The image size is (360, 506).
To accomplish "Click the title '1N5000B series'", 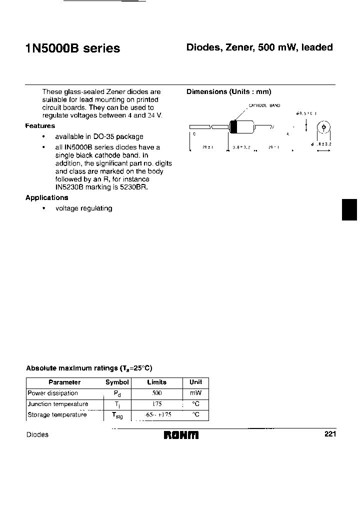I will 72,48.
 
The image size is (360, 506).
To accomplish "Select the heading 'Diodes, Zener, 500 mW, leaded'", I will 259,47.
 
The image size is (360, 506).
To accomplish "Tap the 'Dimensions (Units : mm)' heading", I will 228,92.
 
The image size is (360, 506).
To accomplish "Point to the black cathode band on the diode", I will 232,127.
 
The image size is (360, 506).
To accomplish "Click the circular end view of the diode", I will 323,128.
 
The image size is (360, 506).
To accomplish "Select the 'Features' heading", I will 40,126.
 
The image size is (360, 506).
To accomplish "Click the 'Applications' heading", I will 47,197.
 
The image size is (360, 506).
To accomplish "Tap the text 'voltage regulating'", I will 83,208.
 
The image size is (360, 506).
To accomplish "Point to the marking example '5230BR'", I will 133,187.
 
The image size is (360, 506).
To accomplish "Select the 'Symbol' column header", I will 117,382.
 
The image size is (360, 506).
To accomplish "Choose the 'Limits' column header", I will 157,382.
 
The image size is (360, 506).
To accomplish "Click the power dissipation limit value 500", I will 156,393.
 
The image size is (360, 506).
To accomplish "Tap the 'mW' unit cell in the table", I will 195,393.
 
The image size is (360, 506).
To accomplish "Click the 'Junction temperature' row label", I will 58,404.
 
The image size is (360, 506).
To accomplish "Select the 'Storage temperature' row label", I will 57,414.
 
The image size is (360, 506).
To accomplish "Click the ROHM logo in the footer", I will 181,435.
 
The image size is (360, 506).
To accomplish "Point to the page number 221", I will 330,434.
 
